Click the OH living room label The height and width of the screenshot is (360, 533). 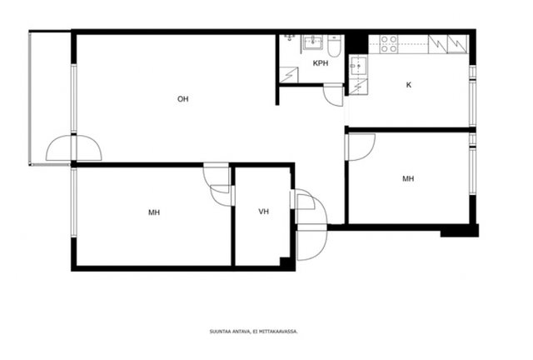tap(183, 99)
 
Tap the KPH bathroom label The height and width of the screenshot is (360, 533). tap(321, 63)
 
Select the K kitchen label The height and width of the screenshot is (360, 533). tap(409, 85)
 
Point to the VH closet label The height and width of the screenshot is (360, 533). tap(263, 212)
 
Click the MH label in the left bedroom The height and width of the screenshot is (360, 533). tap(154, 212)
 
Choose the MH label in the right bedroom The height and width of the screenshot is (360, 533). tap(408, 178)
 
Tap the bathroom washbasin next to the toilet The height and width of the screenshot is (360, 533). tap(313, 42)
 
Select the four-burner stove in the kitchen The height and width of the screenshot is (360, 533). tap(389, 44)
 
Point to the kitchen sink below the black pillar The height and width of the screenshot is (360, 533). tap(357, 66)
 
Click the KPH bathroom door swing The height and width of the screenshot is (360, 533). tap(333, 95)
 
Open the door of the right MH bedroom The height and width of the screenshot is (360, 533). tap(361, 147)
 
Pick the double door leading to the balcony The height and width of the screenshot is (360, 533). tap(74, 148)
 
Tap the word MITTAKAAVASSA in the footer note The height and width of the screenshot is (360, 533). tap(280, 331)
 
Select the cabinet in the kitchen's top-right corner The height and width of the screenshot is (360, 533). tap(457, 44)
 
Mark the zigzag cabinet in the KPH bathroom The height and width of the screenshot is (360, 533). tap(289, 75)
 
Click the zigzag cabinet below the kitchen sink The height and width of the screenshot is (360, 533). tap(358, 87)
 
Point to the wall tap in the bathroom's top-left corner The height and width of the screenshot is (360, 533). tap(290, 37)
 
